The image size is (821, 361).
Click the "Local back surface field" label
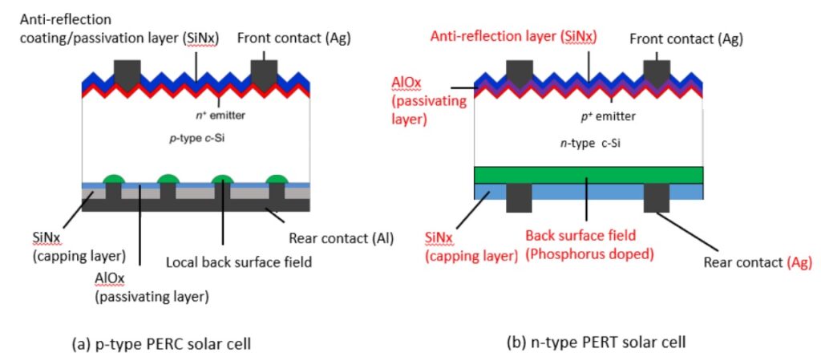pyautogui.click(x=238, y=262)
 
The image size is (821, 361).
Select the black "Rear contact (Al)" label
pyautogui.click(x=341, y=239)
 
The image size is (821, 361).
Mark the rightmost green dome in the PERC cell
pyautogui.click(x=277, y=179)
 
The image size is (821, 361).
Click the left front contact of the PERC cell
pyautogui.click(x=127, y=71)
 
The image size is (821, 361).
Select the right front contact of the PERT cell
pyautogui.click(x=657, y=71)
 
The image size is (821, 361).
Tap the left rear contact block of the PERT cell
pyautogui.click(x=520, y=197)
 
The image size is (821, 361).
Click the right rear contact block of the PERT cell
pyautogui.click(x=657, y=197)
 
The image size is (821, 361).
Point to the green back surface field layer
pyautogui.click(x=588, y=175)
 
